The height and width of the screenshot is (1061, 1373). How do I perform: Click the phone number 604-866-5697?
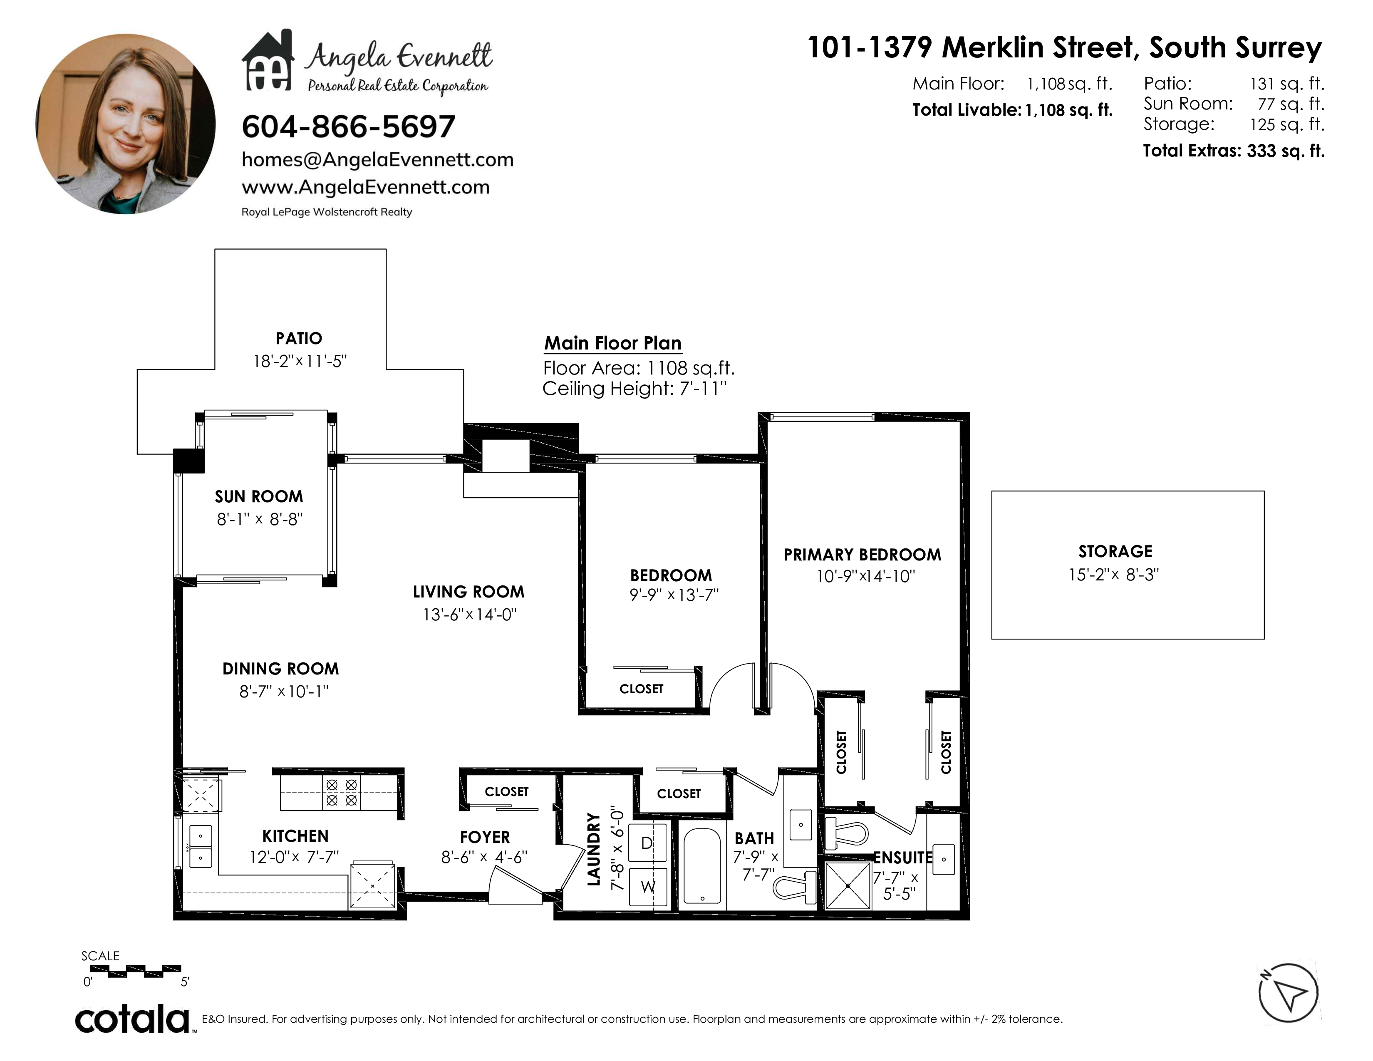[x=348, y=127]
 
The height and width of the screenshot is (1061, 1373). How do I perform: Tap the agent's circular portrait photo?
[x=125, y=124]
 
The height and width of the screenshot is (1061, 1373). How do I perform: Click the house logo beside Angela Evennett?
[x=268, y=60]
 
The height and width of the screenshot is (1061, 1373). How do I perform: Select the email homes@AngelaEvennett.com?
[x=377, y=160]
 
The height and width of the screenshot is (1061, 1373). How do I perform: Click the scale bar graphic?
[x=135, y=971]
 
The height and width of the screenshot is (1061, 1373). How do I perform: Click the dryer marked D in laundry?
[x=647, y=843]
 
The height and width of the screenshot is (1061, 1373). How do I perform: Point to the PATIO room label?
[x=299, y=339]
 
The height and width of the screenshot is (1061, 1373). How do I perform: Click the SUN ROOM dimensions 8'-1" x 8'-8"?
[x=260, y=520]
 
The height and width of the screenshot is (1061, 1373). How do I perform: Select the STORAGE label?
[x=1115, y=552]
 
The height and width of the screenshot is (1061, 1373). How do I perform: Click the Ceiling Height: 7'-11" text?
[x=634, y=389]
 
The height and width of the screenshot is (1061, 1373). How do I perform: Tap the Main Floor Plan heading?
[x=612, y=343]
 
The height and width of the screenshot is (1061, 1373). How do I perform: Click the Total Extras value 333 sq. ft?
[x=1286, y=151]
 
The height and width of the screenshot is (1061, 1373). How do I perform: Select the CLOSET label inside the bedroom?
[x=641, y=689]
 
